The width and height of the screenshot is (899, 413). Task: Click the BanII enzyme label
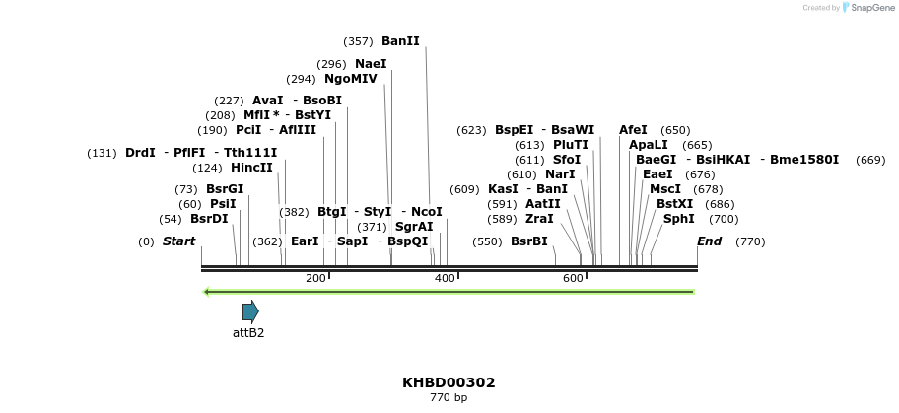(400, 41)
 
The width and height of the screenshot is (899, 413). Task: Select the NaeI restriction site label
(371, 64)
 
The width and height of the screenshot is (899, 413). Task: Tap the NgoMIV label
(350, 79)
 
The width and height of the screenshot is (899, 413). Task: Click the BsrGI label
(225, 189)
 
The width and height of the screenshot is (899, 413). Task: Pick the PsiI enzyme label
(223, 204)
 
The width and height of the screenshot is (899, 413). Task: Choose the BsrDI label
(209, 219)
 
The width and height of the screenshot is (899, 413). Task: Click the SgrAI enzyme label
(414, 227)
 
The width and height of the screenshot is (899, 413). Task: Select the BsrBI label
(529, 241)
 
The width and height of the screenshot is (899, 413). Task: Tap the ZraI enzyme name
(539, 219)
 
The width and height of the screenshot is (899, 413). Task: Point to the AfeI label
(633, 130)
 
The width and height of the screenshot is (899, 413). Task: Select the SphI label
(679, 219)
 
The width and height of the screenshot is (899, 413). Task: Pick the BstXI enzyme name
(675, 204)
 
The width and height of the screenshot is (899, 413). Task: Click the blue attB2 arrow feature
(250, 311)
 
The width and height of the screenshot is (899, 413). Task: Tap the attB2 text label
(248, 333)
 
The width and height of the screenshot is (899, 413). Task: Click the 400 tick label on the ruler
(445, 279)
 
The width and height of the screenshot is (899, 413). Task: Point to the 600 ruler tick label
(573, 279)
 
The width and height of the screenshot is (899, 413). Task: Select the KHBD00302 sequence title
(449, 382)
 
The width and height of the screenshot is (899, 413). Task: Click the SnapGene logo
(864, 8)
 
